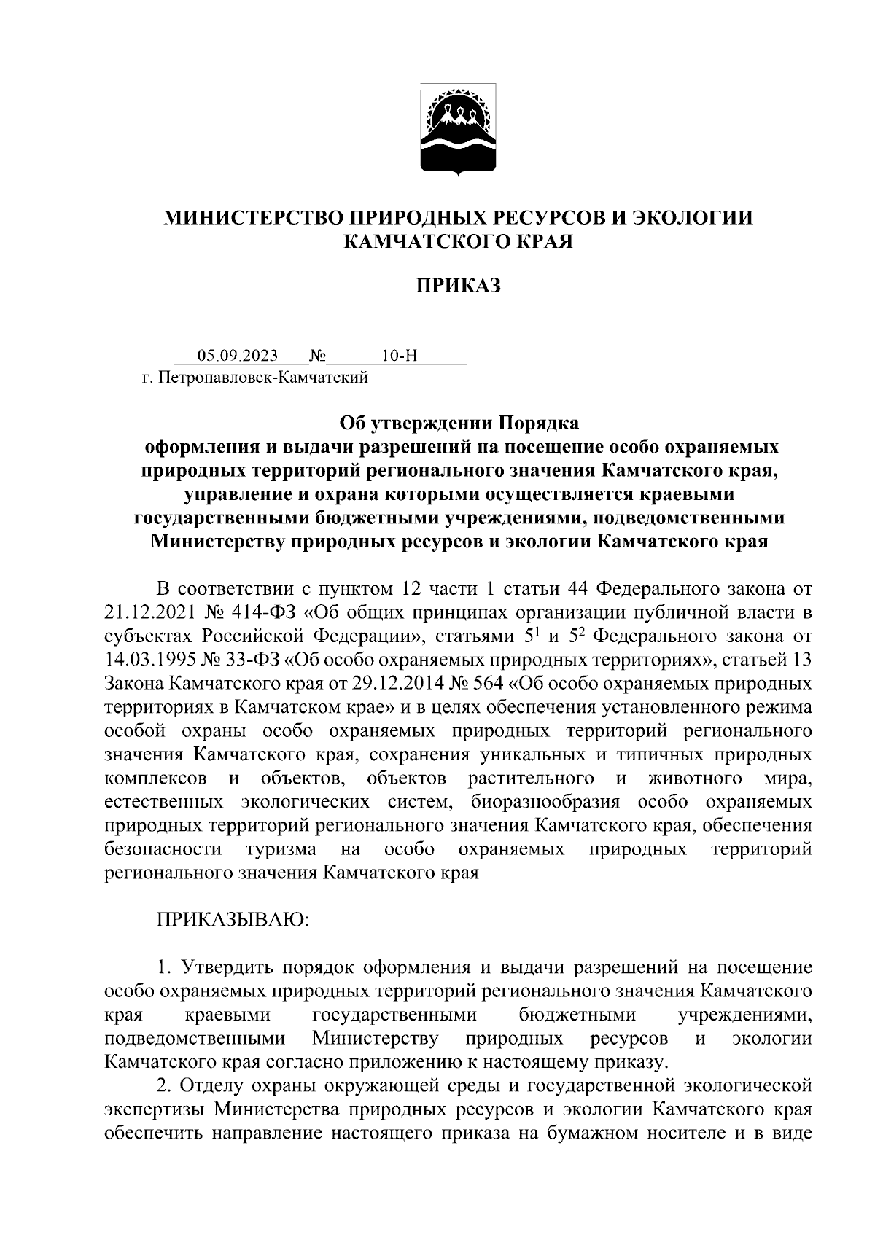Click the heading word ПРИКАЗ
(x=459, y=286)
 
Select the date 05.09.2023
(x=237, y=356)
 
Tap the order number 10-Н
(x=400, y=356)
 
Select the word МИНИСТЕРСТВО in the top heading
(x=254, y=218)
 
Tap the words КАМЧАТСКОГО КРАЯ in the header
(x=459, y=241)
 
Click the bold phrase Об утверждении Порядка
(x=459, y=424)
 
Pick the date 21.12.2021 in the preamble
(x=151, y=612)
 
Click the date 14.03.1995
(x=151, y=660)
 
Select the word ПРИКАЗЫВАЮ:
(x=233, y=921)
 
